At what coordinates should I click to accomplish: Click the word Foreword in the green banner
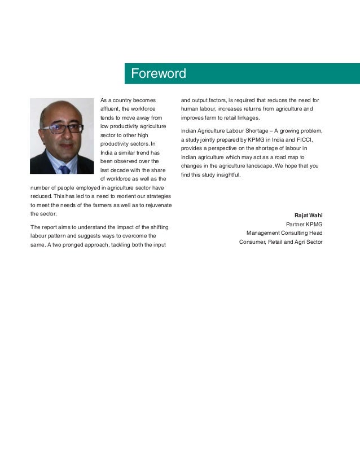pyautogui.click(x=158, y=74)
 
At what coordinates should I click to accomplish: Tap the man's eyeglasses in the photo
pyautogui.click(x=62, y=128)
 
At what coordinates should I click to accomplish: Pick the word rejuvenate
pyautogui.click(x=157, y=204)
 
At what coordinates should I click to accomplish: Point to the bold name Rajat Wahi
pyautogui.click(x=308, y=216)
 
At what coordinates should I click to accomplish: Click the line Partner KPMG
pyautogui.click(x=304, y=224)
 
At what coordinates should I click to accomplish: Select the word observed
pyautogui.click(x=127, y=161)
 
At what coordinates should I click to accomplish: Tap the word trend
pyautogui.click(x=141, y=152)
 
